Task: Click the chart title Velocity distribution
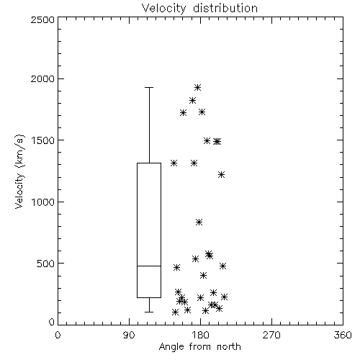(x=199, y=8)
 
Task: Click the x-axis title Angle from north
(x=199, y=346)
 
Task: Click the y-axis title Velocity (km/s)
(x=19, y=171)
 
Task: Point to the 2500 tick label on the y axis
(x=42, y=19)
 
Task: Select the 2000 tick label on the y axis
(x=42, y=78)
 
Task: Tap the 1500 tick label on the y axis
(x=43, y=140)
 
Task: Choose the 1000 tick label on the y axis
(x=43, y=202)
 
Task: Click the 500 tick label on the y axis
(x=46, y=264)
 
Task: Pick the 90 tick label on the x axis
(x=129, y=335)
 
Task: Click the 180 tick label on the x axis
(x=201, y=335)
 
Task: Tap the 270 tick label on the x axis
(x=271, y=335)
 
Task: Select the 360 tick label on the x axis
(x=343, y=335)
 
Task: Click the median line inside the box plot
(x=149, y=266)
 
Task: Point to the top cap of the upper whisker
(x=149, y=88)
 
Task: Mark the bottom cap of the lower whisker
(x=149, y=312)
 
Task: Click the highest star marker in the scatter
(x=197, y=88)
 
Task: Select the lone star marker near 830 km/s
(x=199, y=222)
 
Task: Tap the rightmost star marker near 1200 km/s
(x=221, y=174)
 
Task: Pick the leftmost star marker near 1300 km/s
(x=174, y=163)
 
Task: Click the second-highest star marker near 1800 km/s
(x=192, y=100)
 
